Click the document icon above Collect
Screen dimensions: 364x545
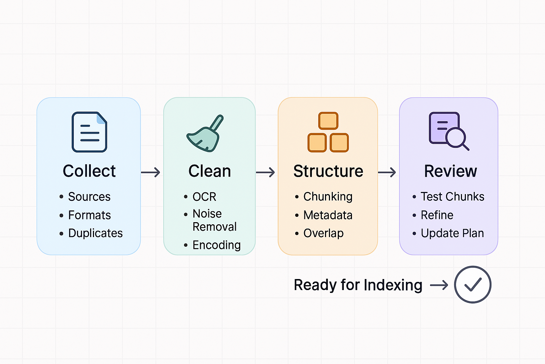pyautogui.click(x=89, y=132)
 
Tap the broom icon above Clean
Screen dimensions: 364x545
pyautogui.click(x=204, y=134)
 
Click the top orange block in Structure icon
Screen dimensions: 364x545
pyautogui.click(x=328, y=121)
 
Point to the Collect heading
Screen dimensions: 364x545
pyautogui.click(x=89, y=171)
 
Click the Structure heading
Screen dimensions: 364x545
pyautogui.click(x=328, y=171)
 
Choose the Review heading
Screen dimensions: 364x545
pyautogui.click(x=450, y=171)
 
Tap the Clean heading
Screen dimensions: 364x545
pyautogui.click(x=209, y=171)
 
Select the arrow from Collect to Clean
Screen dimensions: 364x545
pyautogui.click(x=151, y=173)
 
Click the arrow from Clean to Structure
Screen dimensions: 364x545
pyautogui.click(x=265, y=173)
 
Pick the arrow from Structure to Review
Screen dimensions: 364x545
pyautogui.click(x=387, y=173)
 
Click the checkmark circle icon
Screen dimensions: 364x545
pyautogui.click(x=473, y=285)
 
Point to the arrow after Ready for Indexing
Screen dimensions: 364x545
pyautogui.click(x=439, y=285)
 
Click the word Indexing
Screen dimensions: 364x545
pyautogui.click(x=393, y=285)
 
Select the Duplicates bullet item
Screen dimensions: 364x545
pyautogui.click(x=95, y=233)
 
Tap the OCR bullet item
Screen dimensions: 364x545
pyautogui.click(x=204, y=197)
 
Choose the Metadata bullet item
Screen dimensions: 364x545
pyautogui.click(x=327, y=215)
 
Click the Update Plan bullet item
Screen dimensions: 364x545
pyautogui.click(x=452, y=233)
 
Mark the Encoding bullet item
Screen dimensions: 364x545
pyautogui.click(x=216, y=245)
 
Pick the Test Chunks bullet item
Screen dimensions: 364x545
pyautogui.click(x=452, y=197)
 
